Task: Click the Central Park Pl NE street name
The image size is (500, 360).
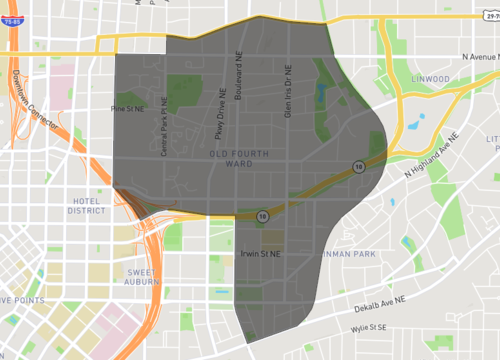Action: click(166, 134)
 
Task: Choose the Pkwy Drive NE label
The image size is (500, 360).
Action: click(220, 111)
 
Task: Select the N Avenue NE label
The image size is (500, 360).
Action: click(471, 59)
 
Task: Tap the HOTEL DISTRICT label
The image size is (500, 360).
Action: click(86, 205)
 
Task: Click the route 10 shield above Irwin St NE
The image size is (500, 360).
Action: click(262, 214)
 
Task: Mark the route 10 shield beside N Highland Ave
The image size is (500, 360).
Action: click(357, 167)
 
